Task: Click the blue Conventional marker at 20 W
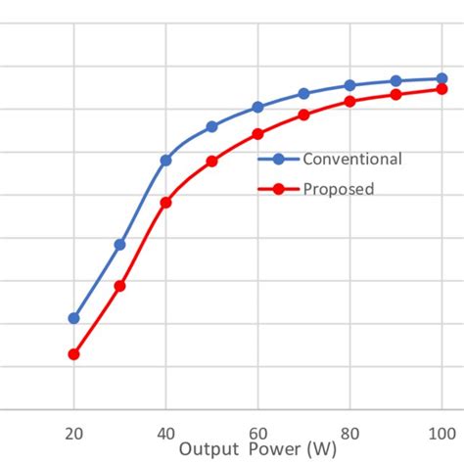pyautogui.click(x=73, y=318)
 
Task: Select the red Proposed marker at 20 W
pyautogui.click(x=73, y=354)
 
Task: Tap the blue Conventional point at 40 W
pyautogui.click(x=165, y=160)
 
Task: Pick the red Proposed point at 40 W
pyautogui.click(x=165, y=203)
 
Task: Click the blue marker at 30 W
pyautogui.click(x=119, y=244)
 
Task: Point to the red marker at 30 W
pyautogui.click(x=119, y=286)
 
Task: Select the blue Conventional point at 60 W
pyautogui.click(x=257, y=107)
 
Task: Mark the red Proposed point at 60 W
pyautogui.click(x=257, y=133)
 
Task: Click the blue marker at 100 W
pyautogui.click(x=441, y=78)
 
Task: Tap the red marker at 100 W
pyautogui.click(x=441, y=89)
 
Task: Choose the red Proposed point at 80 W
pyautogui.click(x=349, y=101)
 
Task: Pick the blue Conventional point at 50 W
pyautogui.click(x=211, y=126)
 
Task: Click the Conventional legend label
pyautogui.click(x=351, y=160)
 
